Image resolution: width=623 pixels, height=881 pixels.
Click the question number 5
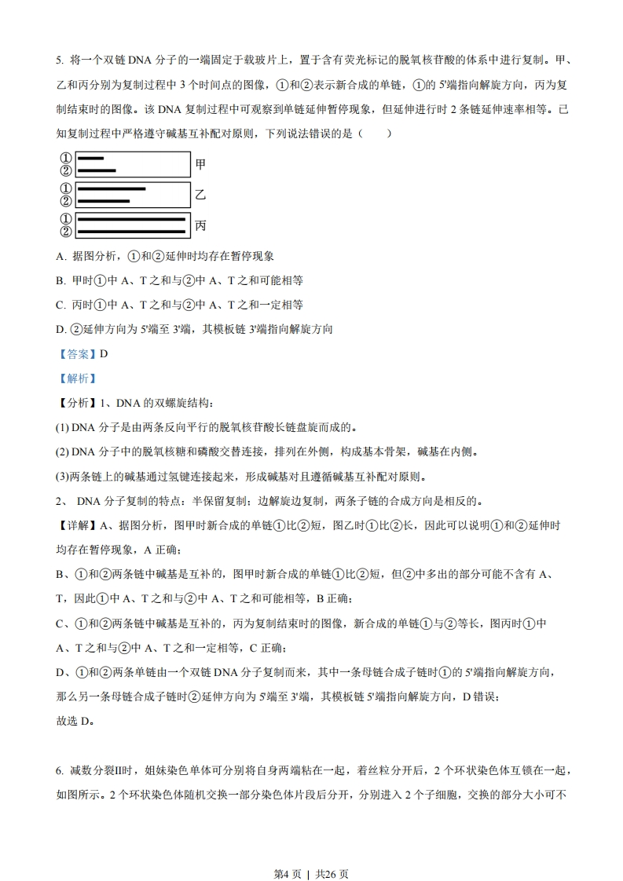point(59,60)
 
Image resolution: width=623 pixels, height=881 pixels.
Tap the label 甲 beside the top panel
point(200,164)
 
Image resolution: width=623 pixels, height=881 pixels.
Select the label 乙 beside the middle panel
point(200,195)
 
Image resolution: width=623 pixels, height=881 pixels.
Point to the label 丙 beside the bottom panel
point(200,225)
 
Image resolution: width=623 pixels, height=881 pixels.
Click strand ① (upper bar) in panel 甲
point(91,159)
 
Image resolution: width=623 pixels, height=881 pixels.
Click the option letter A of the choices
point(60,256)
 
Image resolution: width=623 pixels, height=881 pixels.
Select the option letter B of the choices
point(60,280)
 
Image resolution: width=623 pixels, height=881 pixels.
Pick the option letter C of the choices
point(60,305)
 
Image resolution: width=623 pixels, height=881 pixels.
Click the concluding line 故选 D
point(75,722)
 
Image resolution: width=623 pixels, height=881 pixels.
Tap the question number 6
point(59,770)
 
